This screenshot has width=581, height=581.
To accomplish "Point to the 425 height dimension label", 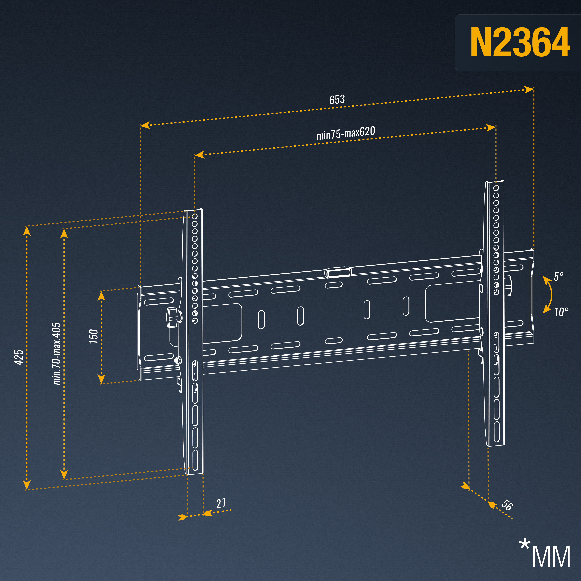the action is coord(19,357).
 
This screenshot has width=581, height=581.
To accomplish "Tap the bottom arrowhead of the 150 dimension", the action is coord(102,379).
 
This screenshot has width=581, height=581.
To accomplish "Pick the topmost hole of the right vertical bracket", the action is coord(496,188).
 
